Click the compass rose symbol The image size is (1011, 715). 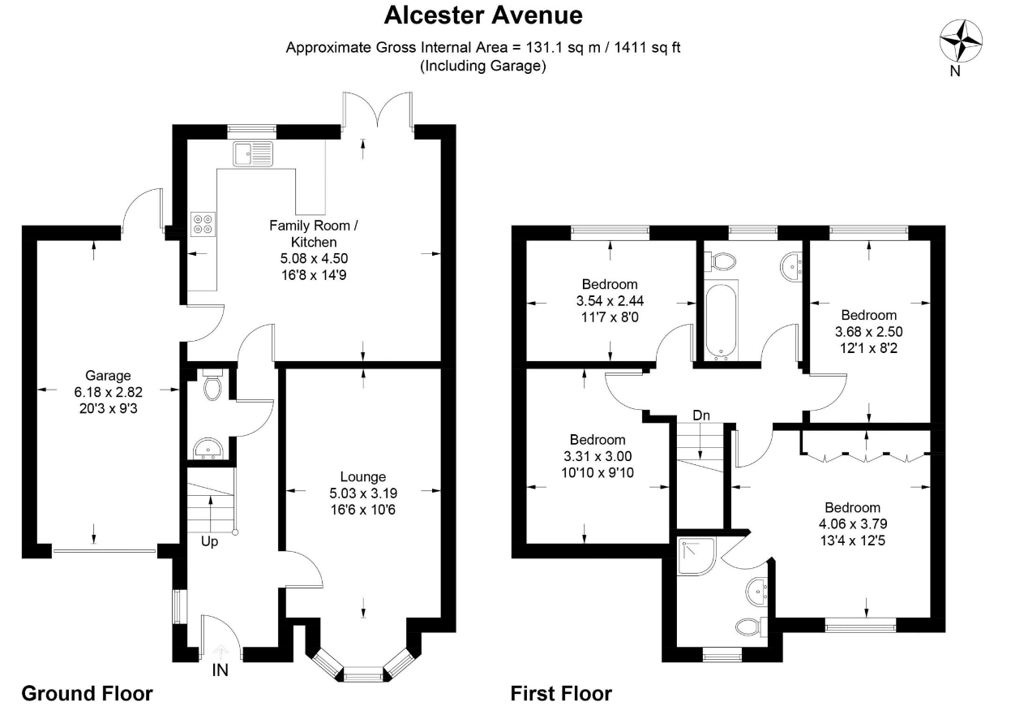[x=961, y=41]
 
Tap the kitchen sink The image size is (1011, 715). [x=253, y=153]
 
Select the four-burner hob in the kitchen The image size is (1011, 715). [x=203, y=224]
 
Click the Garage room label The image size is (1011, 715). [x=108, y=375]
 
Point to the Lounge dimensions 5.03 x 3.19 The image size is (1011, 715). [x=363, y=493]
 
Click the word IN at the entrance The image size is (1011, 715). [x=221, y=670]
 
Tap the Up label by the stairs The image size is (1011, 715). [x=209, y=541]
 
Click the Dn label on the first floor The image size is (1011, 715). [x=701, y=415]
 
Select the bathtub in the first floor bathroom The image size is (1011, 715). [x=722, y=321]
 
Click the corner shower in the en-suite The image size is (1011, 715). [x=696, y=556]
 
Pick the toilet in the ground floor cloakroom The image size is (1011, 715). [x=212, y=385]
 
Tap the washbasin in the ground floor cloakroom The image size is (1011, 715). [x=208, y=448]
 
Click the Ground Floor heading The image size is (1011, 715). [x=87, y=693]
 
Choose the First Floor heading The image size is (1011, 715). [x=561, y=693]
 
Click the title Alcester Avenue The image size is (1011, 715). [x=483, y=15]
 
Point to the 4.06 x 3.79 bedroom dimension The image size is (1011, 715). [x=853, y=523]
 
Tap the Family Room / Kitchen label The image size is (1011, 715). [x=314, y=234]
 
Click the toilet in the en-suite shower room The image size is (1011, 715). [x=752, y=627]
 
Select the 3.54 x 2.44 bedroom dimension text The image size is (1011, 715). [x=610, y=300]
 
